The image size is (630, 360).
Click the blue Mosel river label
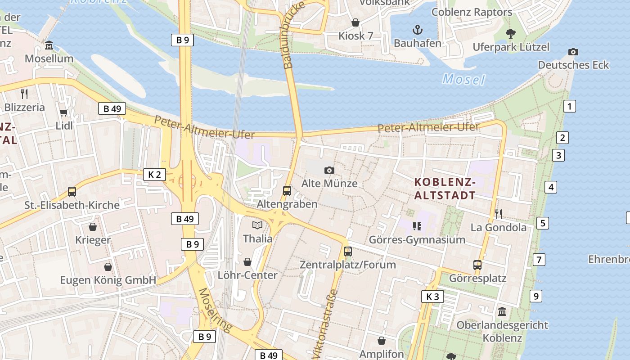click(x=463, y=80)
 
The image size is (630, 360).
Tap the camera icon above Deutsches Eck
click(x=573, y=52)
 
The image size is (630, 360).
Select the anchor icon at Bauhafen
click(x=418, y=30)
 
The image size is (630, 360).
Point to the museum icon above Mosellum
click(x=49, y=45)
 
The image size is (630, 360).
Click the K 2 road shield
click(x=154, y=175)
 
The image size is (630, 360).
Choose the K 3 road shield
click(x=432, y=297)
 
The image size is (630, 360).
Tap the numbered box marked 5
click(x=543, y=223)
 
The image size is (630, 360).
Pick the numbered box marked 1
click(x=570, y=107)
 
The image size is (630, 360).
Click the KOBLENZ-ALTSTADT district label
click(x=445, y=189)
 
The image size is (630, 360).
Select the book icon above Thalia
click(x=257, y=225)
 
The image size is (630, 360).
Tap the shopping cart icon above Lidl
click(x=63, y=112)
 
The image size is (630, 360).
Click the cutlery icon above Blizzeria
click(x=24, y=94)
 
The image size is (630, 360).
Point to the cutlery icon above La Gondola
click(x=498, y=213)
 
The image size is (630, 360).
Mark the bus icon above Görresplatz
click(x=477, y=265)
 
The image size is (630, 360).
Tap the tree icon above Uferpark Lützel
click(x=510, y=33)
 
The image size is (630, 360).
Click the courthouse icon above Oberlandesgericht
click(x=502, y=311)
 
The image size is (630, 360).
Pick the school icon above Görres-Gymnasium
click(x=417, y=226)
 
